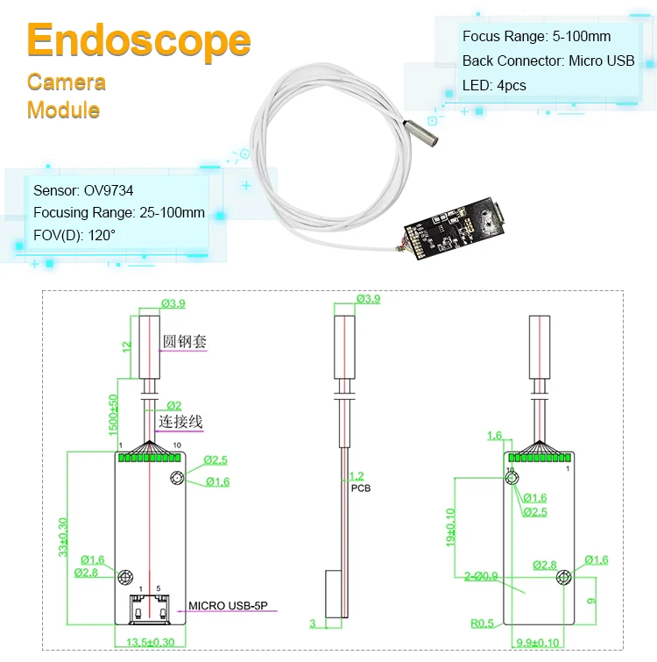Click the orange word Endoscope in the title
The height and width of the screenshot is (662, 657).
[x=138, y=40]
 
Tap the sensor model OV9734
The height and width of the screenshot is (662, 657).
[x=109, y=190]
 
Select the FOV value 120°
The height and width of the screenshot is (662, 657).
[x=102, y=235]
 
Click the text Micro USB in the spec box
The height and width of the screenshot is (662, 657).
[x=601, y=61]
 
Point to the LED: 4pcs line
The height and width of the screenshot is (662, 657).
[x=494, y=85]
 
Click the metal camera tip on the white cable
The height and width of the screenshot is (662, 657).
[x=420, y=133]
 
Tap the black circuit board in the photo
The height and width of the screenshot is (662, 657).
[x=455, y=228]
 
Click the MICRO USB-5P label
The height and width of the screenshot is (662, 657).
[x=228, y=605]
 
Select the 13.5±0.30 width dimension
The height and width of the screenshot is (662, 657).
[x=150, y=642]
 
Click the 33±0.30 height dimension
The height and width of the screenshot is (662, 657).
[x=63, y=537]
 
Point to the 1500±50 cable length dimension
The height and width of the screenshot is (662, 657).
[x=113, y=415]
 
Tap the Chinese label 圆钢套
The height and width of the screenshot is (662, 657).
[x=184, y=341]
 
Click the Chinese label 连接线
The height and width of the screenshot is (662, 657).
[x=180, y=422]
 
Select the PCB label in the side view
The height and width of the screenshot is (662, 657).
[x=361, y=488]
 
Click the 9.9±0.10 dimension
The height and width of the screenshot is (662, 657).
[x=538, y=643]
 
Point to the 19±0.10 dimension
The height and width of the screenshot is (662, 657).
[x=451, y=527]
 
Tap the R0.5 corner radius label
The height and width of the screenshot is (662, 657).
[x=482, y=623]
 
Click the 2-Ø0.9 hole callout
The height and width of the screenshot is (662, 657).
[x=481, y=576]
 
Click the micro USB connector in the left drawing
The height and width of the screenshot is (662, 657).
[x=150, y=609]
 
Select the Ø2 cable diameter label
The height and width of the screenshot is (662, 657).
[x=174, y=405]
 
